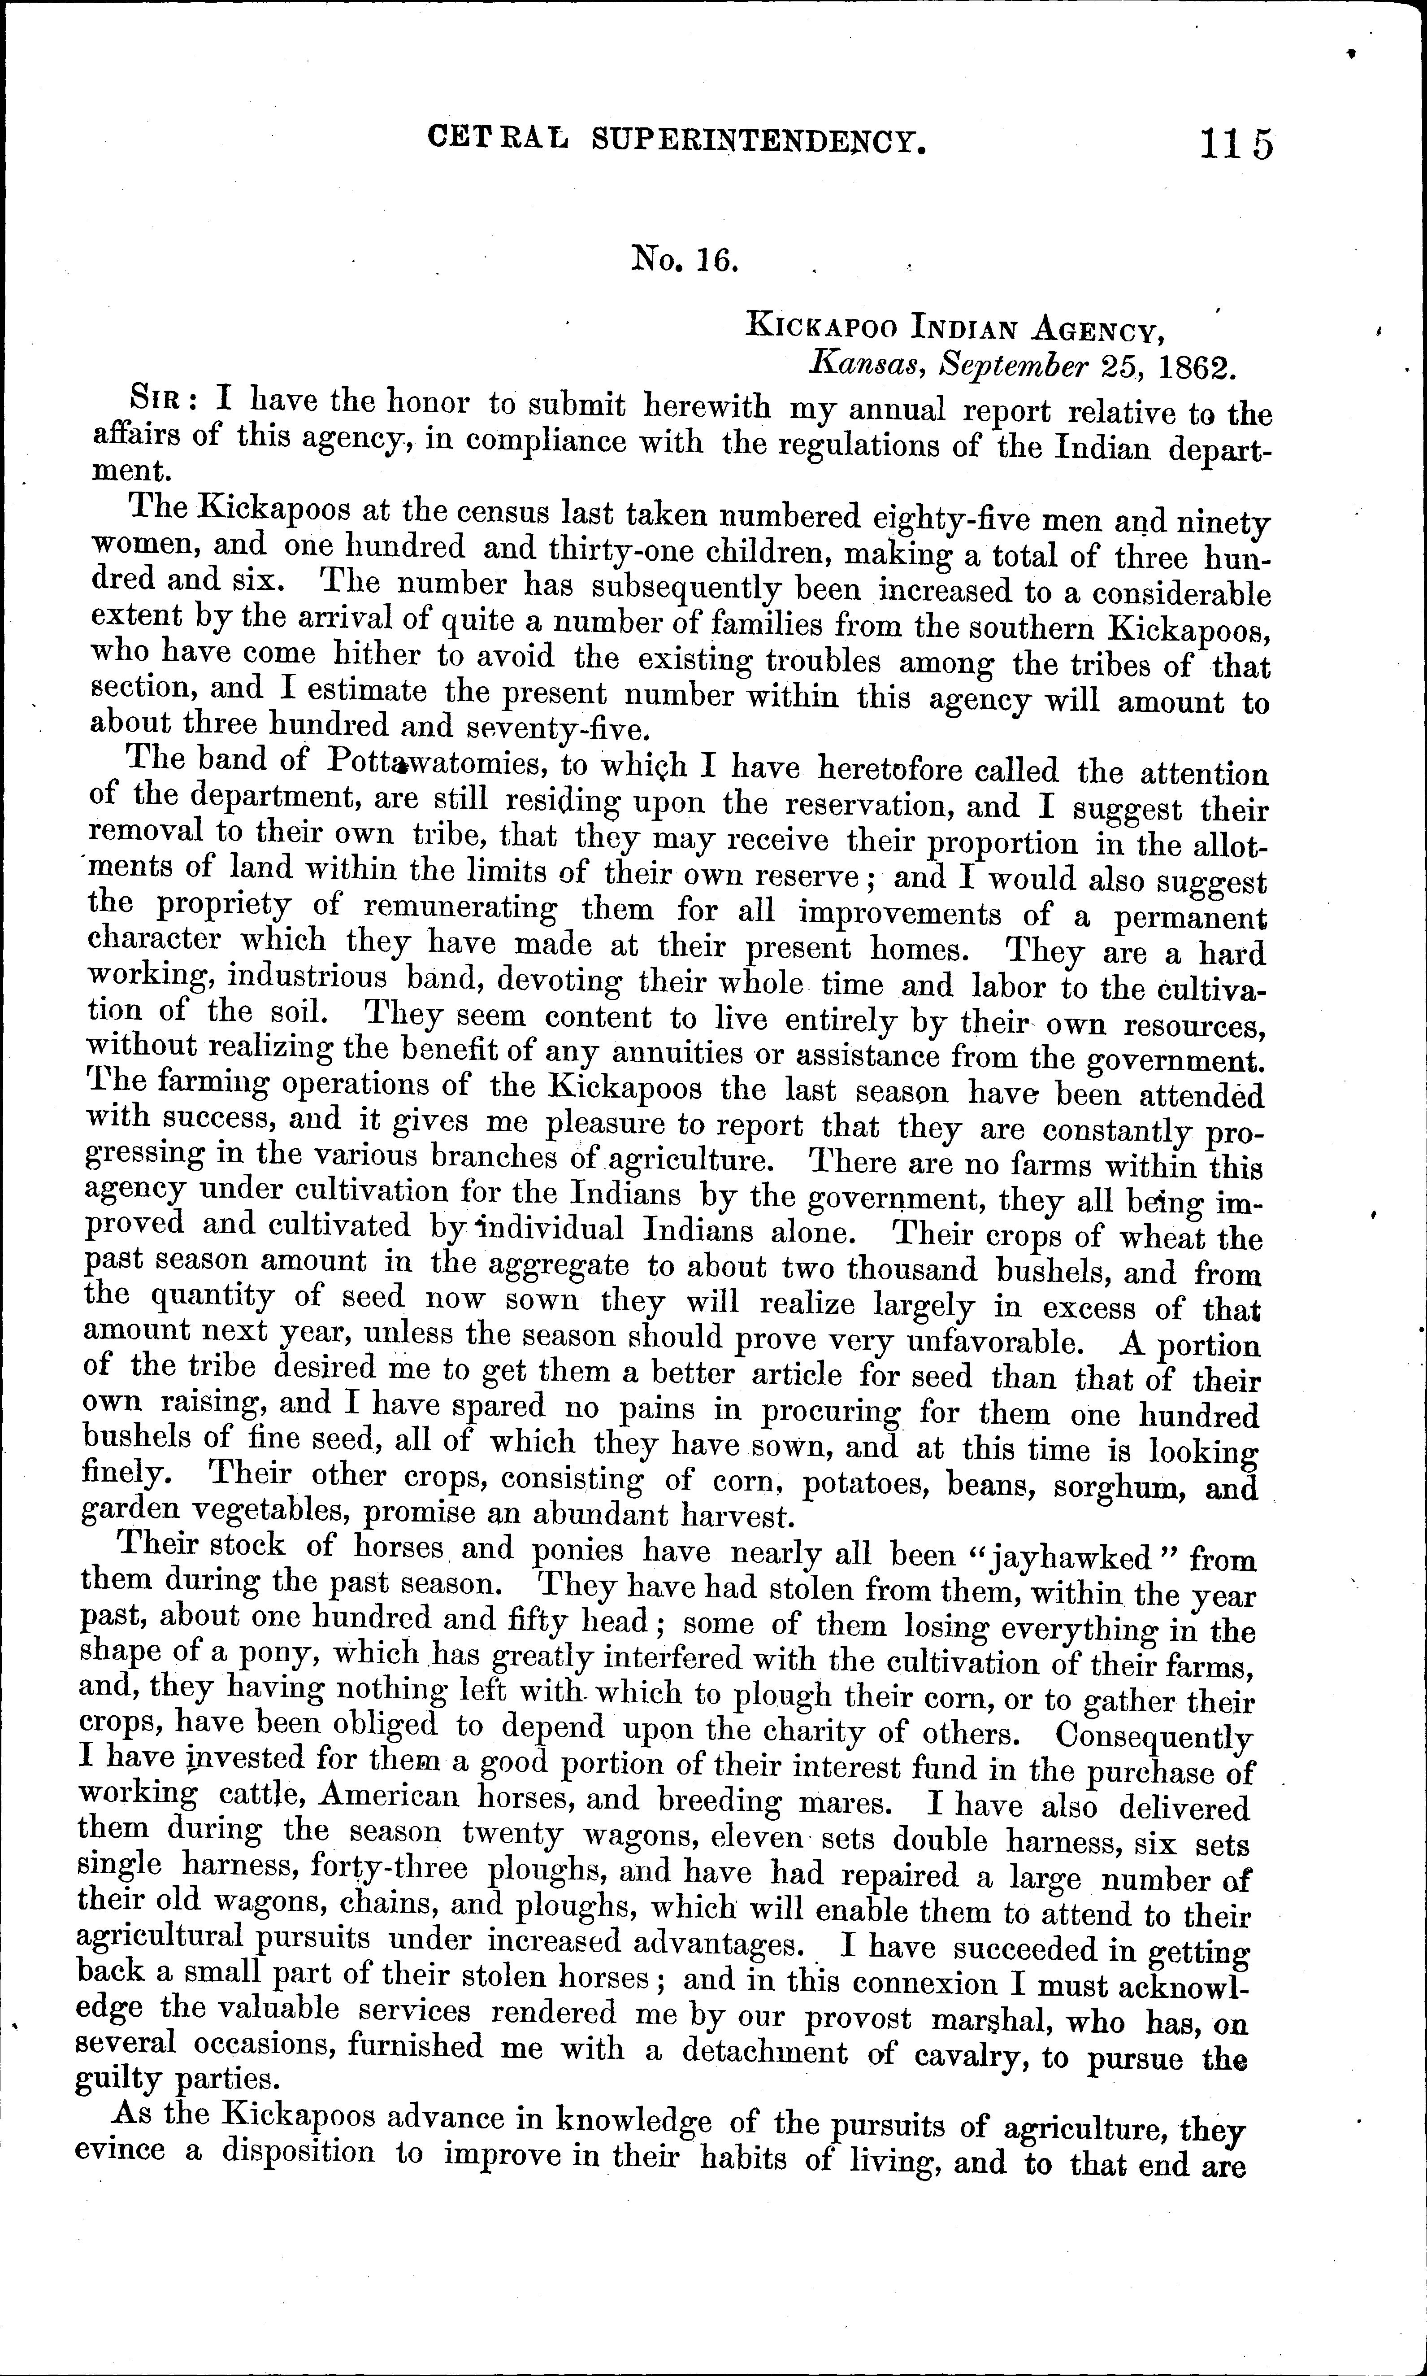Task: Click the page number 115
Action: [x=1236, y=144]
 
